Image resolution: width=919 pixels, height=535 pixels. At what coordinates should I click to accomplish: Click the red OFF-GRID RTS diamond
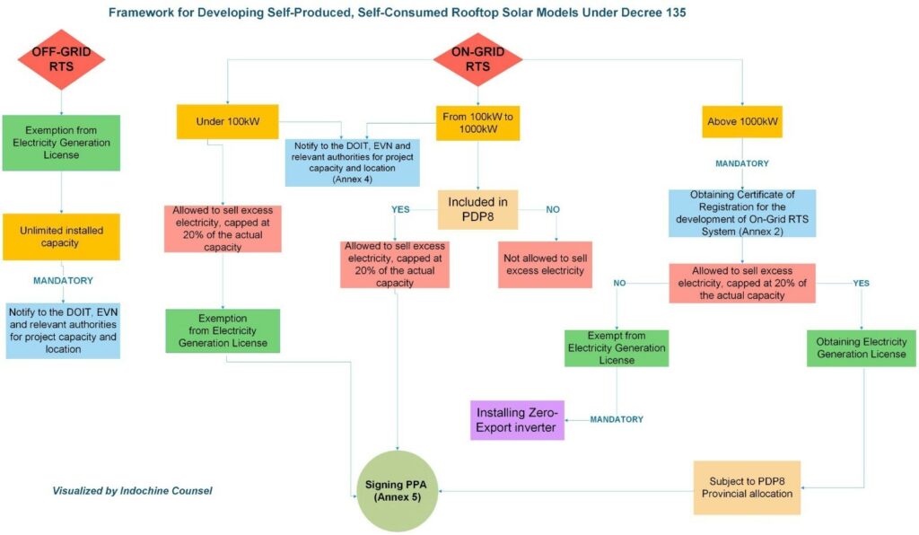tap(62, 59)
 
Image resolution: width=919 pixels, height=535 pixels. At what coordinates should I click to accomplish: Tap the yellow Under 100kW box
tap(227, 121)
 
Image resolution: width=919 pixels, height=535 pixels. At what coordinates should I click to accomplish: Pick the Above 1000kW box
tap(742, 121)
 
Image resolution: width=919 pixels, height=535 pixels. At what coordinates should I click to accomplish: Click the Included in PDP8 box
tap(478, 209)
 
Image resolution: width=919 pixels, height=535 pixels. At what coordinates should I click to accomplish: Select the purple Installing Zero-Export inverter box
tap(517, 419)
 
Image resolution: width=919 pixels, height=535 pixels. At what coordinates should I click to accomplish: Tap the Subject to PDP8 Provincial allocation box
tap(747, 487)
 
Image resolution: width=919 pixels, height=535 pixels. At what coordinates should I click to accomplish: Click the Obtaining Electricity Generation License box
tap(862, 347)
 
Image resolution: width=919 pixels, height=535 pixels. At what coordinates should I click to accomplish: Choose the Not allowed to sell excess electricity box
tap(546, 264)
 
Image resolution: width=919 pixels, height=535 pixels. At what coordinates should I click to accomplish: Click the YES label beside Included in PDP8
tap(401, 210)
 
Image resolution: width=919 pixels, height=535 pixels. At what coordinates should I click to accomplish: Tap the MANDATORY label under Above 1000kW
tap(742, 163)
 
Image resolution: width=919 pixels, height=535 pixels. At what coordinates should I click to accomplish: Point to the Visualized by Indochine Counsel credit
tap(132, 490)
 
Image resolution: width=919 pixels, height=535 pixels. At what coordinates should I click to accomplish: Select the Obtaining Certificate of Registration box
tap(742, 213)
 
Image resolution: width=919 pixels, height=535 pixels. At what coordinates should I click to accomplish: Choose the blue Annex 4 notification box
tap(346, 162)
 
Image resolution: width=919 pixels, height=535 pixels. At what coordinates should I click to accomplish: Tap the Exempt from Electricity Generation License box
tap(617, 347)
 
